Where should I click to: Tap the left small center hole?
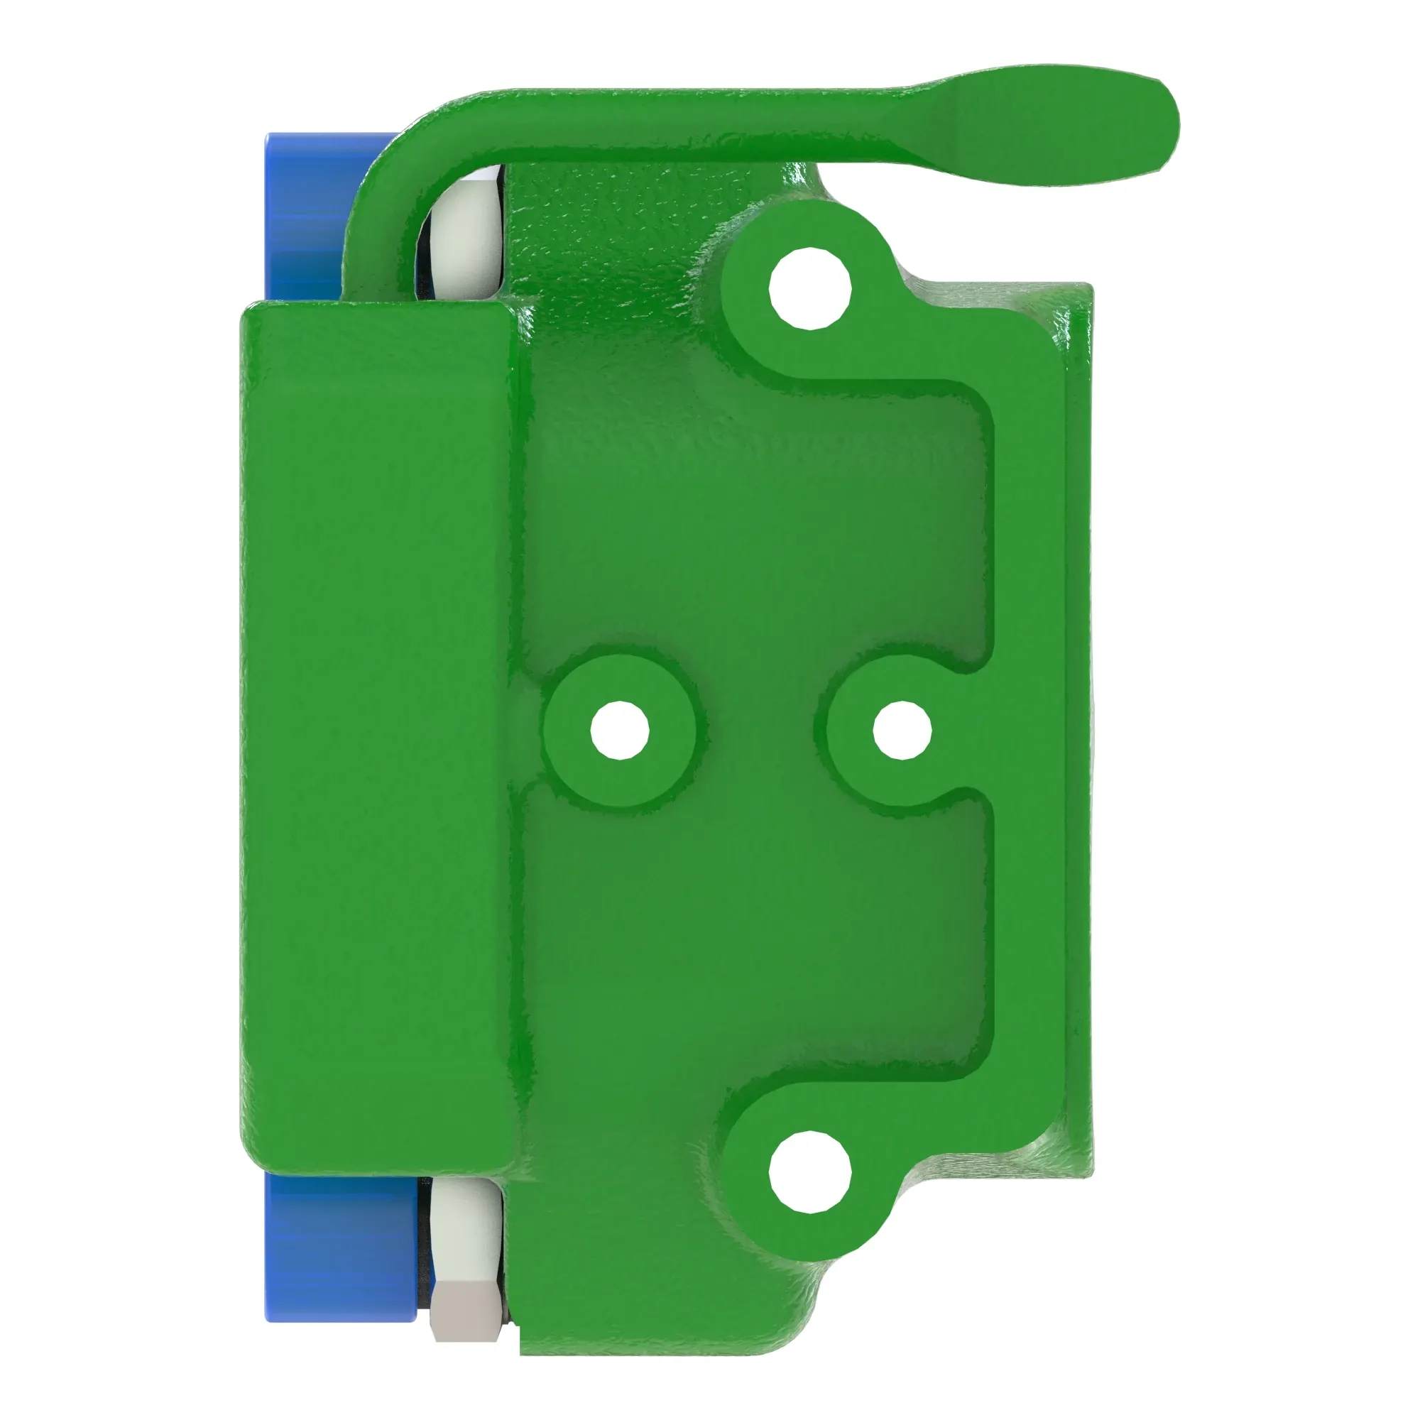point(620,731)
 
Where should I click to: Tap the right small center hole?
point(902,730)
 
